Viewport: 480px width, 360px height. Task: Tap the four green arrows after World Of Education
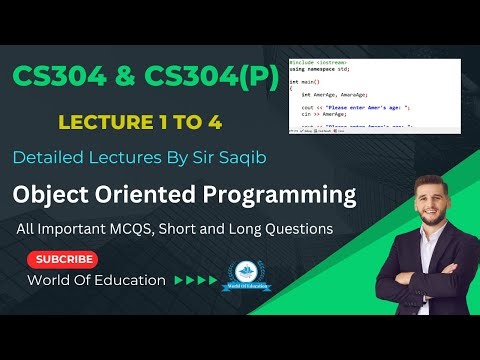(x=195, y=281)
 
